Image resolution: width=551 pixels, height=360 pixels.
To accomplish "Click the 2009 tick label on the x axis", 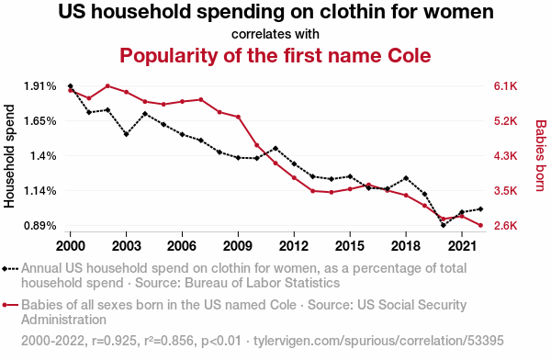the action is (238, 246).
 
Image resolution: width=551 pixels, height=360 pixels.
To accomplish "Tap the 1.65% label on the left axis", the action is (40, 121).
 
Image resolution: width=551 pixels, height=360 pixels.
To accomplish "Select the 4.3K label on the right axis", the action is (505, 156).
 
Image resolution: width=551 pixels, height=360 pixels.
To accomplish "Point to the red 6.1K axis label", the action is (505, 86).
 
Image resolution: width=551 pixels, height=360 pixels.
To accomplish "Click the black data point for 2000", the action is (71, 86).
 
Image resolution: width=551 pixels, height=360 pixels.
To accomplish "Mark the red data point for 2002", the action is (107, 85).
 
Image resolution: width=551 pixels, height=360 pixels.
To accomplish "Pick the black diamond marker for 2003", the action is (126, 134).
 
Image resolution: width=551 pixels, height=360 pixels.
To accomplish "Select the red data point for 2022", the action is (480, 225).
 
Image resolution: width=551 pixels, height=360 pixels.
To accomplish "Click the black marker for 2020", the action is (444, 225).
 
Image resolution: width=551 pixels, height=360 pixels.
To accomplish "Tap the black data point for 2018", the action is (406, 178).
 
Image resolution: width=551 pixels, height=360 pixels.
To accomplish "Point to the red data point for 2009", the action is (238, 117).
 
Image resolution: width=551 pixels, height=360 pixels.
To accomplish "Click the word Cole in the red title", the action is (410, 55).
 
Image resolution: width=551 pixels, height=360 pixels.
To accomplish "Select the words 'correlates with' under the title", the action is (275, 34).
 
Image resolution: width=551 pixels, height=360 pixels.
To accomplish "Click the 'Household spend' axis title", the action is (9, 156).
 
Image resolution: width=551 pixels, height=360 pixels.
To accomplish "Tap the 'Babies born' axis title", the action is (541, 155).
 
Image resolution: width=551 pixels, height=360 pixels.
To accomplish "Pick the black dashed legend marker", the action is (10, 269).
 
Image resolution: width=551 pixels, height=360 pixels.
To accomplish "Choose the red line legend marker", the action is (10, 305).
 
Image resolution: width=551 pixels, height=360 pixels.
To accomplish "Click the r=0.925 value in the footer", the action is (114, 341).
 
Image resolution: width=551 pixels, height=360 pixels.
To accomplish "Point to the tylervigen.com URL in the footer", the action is (378, 341).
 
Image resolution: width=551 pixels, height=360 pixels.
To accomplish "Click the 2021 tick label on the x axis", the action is (462, 246).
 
